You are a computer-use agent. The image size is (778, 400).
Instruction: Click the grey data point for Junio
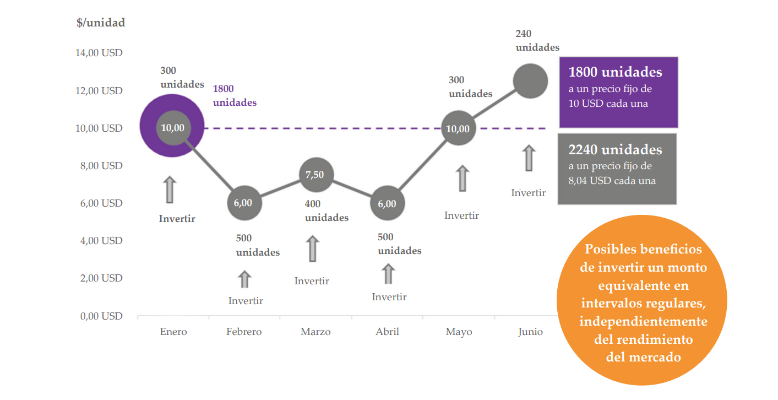pos(530,81)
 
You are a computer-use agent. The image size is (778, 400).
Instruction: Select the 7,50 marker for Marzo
pos(315,175)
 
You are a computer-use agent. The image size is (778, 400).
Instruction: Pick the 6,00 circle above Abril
pos(387,203)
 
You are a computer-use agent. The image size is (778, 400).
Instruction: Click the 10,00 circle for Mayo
pos(458,129)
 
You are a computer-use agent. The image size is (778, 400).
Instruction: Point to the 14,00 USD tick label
pos(99,53)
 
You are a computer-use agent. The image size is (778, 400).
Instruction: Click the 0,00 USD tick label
pos(99,316)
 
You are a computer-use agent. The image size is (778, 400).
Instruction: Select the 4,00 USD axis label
pos(99,241)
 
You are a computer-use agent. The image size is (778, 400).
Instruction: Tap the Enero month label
pos(173,332)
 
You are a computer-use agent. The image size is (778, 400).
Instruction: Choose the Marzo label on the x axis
pos(315,332)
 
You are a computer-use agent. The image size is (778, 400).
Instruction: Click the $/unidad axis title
pos(101,23)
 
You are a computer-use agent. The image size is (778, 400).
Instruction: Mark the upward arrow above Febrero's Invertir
pos(244,279)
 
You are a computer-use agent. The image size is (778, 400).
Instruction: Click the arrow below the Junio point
pos(529,158)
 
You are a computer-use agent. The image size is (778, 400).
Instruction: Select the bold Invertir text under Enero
pos(177,219)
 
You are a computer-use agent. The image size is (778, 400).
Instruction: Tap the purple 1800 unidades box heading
pos(615,72)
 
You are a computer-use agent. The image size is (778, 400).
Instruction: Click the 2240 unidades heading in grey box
pos(615,150)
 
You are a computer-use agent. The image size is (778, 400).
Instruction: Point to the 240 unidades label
pos(537,41)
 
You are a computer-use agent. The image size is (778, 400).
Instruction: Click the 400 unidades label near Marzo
pos(327,211)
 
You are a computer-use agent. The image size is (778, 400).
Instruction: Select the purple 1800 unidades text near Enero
pos(235,95)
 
